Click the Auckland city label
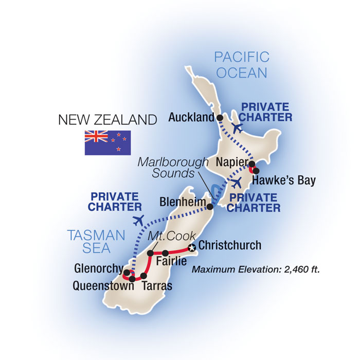(191, 118)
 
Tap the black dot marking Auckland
(220, 118)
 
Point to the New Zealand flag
(107, 142)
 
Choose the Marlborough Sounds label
(172, 168)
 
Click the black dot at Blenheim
(210, 207)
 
